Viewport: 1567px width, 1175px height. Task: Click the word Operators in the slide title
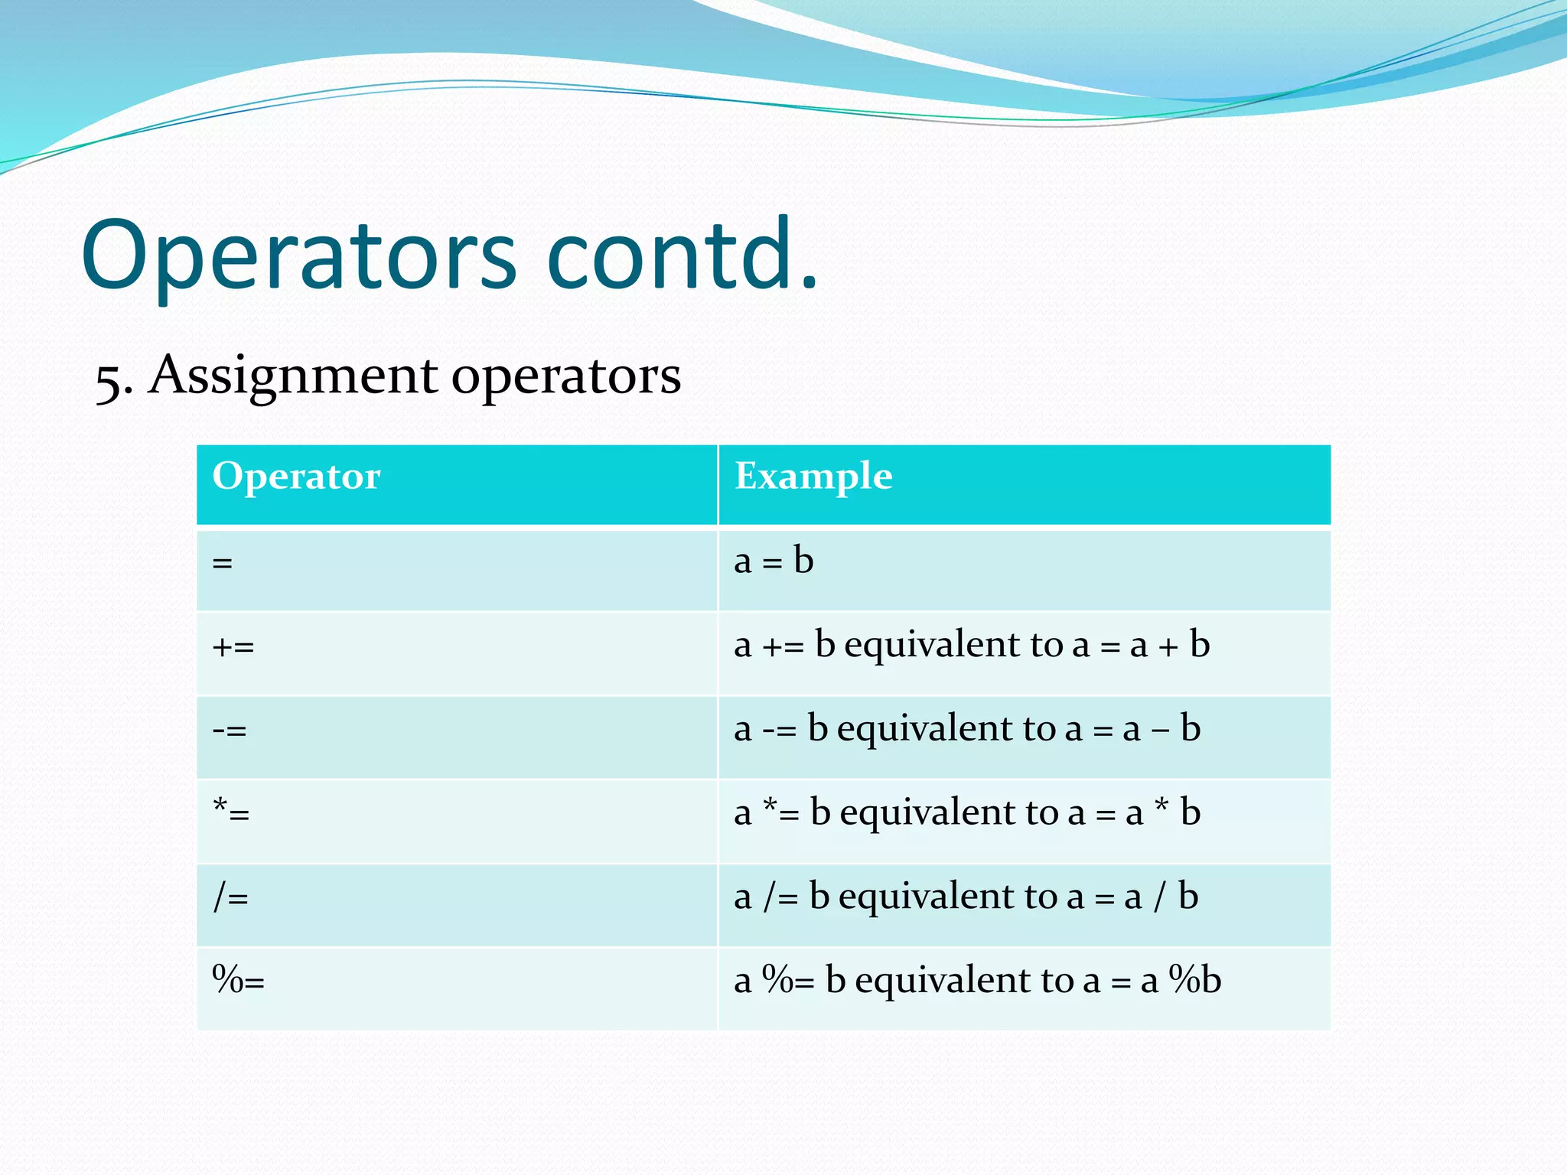[300, 256]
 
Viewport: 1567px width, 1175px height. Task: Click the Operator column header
[296, 477]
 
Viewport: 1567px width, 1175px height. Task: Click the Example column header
[813, 477]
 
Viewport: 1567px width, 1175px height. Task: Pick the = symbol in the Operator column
[223, 564]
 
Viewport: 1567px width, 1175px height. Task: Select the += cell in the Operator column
[233, 647]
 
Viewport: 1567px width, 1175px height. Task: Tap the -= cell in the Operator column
[230, 731]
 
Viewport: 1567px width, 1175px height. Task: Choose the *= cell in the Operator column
[231, 813]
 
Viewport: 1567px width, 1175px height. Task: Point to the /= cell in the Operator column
[230, 897]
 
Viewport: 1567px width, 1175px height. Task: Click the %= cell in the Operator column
[238, 981]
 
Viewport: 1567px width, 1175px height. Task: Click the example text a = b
[773, 561]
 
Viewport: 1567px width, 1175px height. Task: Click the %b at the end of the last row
[1196, 981]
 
